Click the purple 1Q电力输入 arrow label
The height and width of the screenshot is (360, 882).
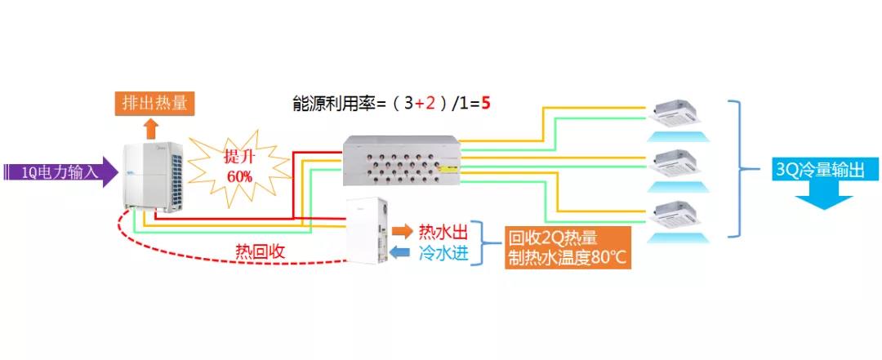(57, 171)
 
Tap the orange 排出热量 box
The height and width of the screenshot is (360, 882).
(154, 103)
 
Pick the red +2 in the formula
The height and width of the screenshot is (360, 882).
(425, 104)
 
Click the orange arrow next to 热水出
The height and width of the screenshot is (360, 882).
(402, 230)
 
